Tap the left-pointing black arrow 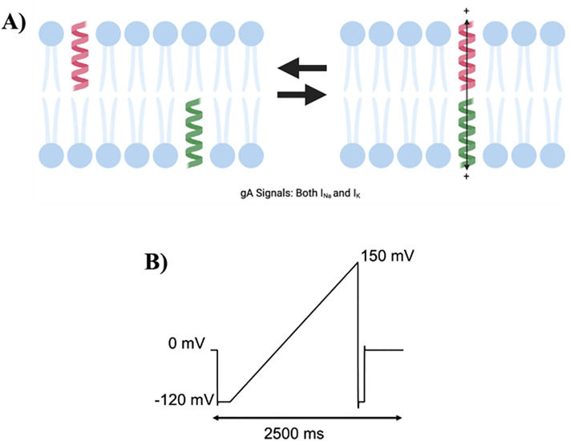coord(302,71)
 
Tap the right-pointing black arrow coord(302,95)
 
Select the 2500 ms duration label coord(307,432)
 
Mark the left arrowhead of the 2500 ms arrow coord(215,417)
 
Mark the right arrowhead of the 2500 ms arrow coord(398,417)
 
